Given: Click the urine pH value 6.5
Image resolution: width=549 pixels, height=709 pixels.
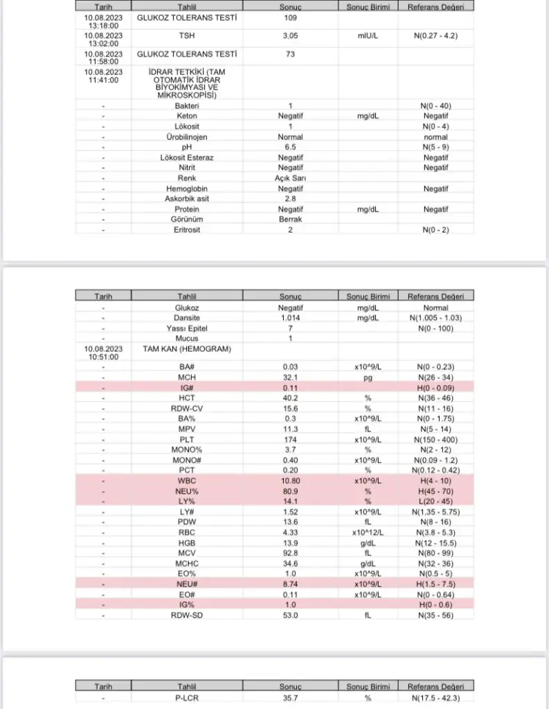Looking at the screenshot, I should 291,147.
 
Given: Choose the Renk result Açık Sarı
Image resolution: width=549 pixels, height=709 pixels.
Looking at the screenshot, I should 291,178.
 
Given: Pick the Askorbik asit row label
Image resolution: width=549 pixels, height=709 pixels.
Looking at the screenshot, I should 186,199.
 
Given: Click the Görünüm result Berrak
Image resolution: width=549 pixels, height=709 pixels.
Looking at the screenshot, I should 291,219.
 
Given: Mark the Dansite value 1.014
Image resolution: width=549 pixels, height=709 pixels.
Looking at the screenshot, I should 291,318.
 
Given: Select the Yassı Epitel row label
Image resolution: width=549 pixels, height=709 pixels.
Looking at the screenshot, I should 186,328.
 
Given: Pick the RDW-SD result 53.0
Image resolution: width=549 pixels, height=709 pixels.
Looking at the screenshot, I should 291,614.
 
